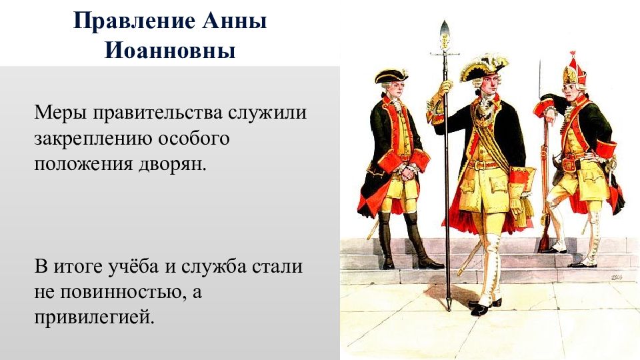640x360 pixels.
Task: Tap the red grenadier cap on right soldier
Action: pos(571,71)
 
